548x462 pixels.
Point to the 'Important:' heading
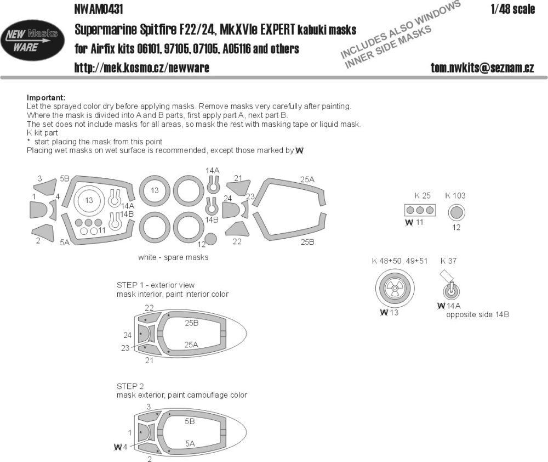point(45,97)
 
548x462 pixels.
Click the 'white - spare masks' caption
point(173,257)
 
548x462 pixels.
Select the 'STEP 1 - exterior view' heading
point(156,285)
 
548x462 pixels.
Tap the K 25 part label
point(423,196)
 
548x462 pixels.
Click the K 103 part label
point(455,196)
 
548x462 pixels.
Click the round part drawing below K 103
point(456,212)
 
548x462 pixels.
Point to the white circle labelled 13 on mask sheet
point(89,201)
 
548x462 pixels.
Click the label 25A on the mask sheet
point(307,179)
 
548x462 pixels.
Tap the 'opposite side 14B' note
point(477,315)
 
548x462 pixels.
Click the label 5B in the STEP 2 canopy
point(190,422)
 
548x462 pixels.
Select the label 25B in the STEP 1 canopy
point(191,323)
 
